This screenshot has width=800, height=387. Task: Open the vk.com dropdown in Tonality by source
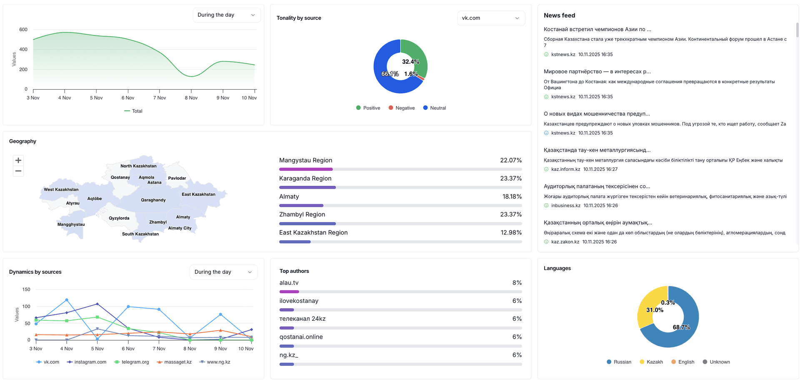491,18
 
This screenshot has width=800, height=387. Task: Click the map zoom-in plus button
18,160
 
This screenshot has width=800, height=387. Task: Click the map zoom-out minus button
18,171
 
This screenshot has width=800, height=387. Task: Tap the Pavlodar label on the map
177,178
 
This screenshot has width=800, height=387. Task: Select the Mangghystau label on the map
71,225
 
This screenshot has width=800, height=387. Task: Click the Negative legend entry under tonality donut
402,108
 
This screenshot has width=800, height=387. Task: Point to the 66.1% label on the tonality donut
390,74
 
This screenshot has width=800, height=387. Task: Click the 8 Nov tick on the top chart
191,98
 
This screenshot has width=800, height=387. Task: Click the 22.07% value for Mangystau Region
511,160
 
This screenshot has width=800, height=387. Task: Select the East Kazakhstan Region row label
313,232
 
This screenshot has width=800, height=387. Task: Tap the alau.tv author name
289,283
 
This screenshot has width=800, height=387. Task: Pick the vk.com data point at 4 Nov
67,300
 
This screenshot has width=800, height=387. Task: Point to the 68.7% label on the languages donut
681,327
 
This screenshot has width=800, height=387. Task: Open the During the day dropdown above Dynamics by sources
223,272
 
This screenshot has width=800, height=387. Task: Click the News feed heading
559,15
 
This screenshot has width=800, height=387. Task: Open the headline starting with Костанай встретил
597,29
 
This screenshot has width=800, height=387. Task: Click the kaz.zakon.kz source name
565,242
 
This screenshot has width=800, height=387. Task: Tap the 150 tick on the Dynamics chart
26,290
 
